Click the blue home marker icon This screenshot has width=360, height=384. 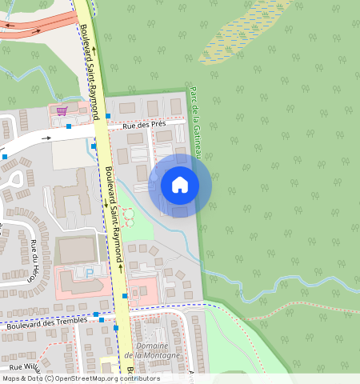(x=180, y=185)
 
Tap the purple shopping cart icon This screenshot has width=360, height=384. (x=62, y=110)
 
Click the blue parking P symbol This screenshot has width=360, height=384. (x=90, y=272)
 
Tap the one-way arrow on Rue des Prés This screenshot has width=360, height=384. (x=47, y=138)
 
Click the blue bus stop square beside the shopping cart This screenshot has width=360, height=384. (x=70, y=126)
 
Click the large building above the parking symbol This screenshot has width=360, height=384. (x=77, y=250)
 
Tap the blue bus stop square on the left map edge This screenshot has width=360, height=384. (x=5, y=157)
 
